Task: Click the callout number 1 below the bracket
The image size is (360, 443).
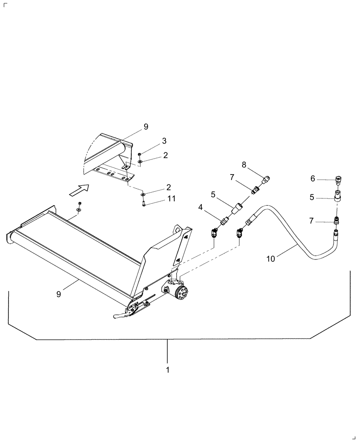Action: point(167,369)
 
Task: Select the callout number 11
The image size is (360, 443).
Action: point(171,199)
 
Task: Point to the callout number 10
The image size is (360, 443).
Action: point(270,259)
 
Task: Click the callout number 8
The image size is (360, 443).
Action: point(244,165)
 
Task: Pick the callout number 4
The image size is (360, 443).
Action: point(200,207)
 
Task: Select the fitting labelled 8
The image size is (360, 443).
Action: point(267,179)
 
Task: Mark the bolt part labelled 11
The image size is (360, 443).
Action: point(144,203)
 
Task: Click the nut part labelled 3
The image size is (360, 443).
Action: point(139,154)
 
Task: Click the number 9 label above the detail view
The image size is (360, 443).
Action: point(145,127)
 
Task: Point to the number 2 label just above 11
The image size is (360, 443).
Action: point(169,187)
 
